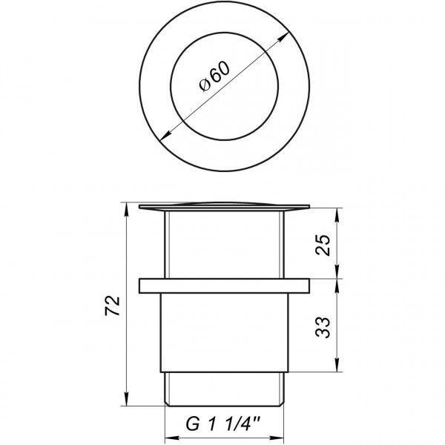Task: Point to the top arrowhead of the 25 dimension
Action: tap(337, 212)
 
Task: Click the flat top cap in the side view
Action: tap(222, 205)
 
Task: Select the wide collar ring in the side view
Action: tap(222, 286)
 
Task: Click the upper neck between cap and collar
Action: tap(222, 245)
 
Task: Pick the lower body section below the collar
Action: tap(222, 330)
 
